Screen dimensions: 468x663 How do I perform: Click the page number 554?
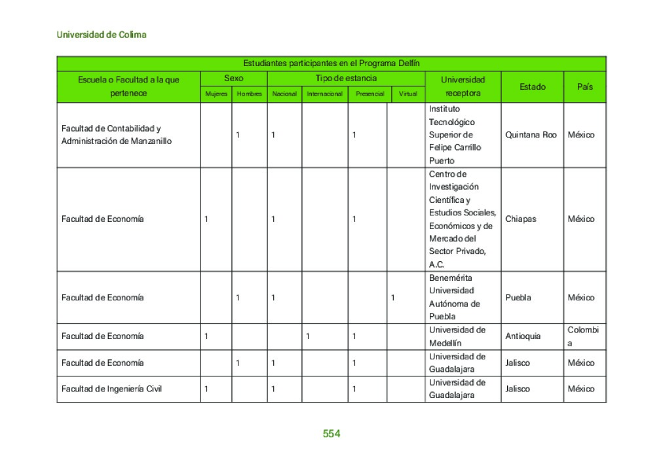point(331,434)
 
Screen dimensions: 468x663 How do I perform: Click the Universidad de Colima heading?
point(102,35)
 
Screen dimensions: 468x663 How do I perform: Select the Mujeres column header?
point(216,94)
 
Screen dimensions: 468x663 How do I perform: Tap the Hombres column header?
point(249,94)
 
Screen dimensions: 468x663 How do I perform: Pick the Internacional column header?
point(324,94)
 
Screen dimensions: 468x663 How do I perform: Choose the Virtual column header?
point(407,94)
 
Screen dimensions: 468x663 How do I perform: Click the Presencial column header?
point(369,94)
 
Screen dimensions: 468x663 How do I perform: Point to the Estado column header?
point(532,86)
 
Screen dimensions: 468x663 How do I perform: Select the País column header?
point(584,86)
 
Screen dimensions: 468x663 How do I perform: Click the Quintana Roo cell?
point(531,135)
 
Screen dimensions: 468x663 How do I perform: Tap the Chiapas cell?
point(520,219)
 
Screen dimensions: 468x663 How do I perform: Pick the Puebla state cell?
point(518,298)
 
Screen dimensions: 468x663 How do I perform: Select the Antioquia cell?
point(523,336)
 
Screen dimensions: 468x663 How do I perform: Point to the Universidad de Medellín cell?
point(457,336)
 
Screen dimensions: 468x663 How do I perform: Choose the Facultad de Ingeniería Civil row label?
point(111,389)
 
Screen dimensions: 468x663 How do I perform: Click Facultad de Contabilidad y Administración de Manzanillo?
point(116,135)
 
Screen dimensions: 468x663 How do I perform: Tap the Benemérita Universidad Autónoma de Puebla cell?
point(454,297)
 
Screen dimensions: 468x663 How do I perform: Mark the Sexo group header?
point(233,79)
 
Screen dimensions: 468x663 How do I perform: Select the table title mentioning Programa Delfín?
point(331,63)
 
